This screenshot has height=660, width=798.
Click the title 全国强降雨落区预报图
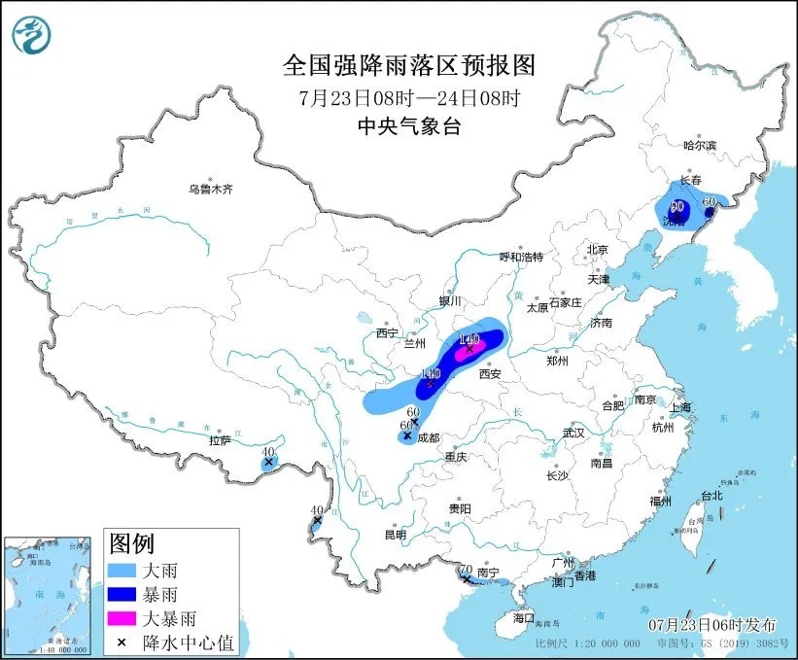[409, 65]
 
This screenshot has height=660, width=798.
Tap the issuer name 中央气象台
[408, 125]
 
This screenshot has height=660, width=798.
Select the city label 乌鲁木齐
[210, 189]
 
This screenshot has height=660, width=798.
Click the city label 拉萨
[219, 440]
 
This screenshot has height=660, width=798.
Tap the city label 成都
[428, 438]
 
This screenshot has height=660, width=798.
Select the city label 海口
[524, 618]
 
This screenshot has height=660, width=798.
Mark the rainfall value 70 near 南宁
[465, 570]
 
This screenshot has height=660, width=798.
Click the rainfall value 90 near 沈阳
[677, 207]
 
